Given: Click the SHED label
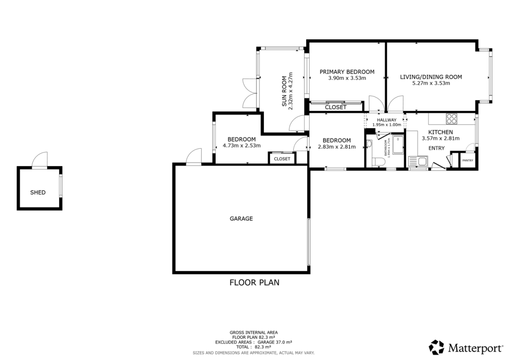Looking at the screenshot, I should click(x=38, y=192).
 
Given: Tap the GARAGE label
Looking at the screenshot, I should click(x=241, y=218).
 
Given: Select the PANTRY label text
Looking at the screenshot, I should click(x=468, y=161).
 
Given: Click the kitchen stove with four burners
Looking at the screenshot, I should click(x=451, y=118).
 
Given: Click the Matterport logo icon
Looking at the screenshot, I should click(x=436, y=347).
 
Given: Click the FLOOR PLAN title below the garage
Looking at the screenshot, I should click(x=254, y=283).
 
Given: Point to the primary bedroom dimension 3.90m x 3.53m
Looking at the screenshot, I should click(x=347, y=78).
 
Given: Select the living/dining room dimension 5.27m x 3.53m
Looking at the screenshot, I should click(x=431, y=83).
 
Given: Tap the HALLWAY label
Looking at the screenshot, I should click(x=386, y=120).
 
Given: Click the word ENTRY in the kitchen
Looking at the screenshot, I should click(x=436, y=148).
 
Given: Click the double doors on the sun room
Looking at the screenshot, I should click(x=248, y=92).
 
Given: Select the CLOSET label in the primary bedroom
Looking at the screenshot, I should click(x=336, y=107).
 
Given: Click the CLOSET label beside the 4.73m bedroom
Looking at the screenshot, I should click(x=282, y=159).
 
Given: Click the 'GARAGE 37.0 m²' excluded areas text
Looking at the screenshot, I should click(x=275, y=343).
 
